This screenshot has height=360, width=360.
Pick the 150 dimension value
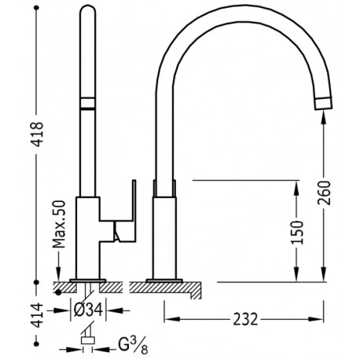click(x=296, y=233)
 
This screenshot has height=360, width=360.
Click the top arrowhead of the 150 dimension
click(x=296, y=187)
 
